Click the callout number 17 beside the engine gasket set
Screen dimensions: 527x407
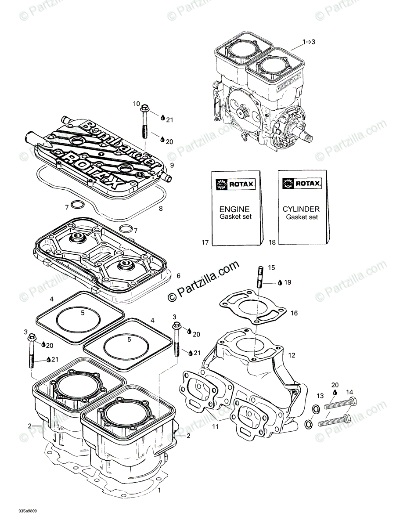[x=205, y=242]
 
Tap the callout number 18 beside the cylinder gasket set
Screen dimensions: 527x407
[x=272, y=242]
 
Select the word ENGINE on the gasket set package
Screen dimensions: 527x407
[x=234, y=209]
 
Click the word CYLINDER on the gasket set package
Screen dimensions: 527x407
[x=301, y=209]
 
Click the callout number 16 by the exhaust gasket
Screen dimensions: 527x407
[x=294, y=313]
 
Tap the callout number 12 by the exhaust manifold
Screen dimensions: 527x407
[x=292, y=355]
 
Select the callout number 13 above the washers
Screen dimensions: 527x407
[x=320, y=396]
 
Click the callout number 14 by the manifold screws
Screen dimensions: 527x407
[x=349, y=392]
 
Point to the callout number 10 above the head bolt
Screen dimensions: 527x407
[x=137, y=104]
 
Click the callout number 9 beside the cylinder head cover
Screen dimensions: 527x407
[x=172, y=165]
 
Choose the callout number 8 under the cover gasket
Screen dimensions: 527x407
[x=161, y=209]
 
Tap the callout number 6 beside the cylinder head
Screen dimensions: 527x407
[x=179, y=276]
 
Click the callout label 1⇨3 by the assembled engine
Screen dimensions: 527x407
[x=308, y=41]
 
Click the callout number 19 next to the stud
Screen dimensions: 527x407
[x=288, y=282]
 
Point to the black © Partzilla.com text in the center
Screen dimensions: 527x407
[x=204, y=281]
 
